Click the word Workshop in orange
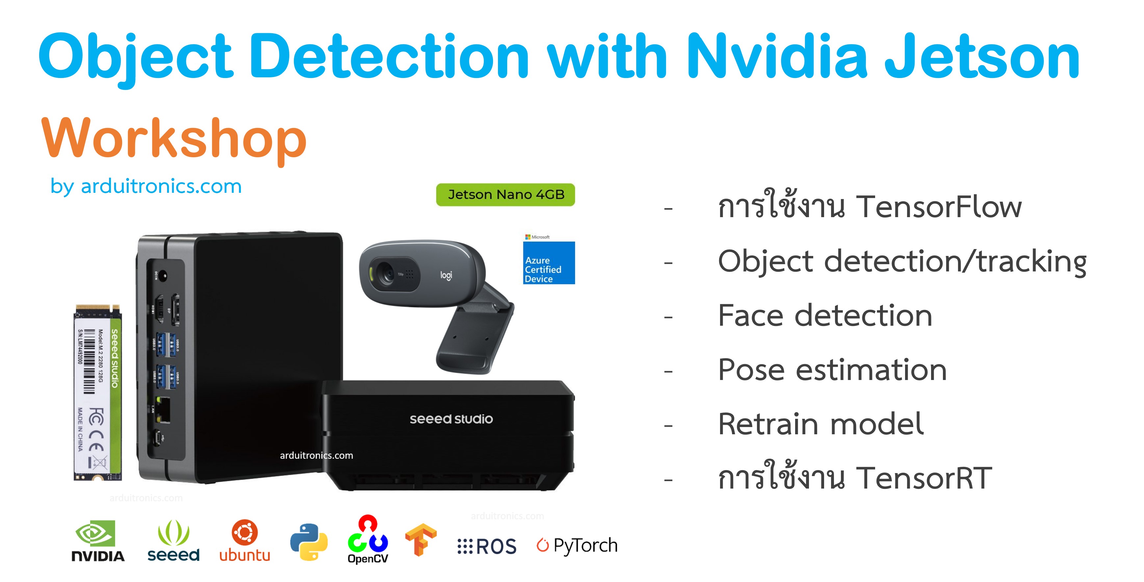click(174, 139)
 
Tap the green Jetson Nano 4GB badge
click(506, 194)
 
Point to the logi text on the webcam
click(446, 275)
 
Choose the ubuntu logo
click(245, 541)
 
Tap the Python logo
click(309, 542)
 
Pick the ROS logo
click(487, 546)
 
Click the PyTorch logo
click(577, 545)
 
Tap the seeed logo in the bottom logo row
click(173, 541)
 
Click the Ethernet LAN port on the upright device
click(164, 410)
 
